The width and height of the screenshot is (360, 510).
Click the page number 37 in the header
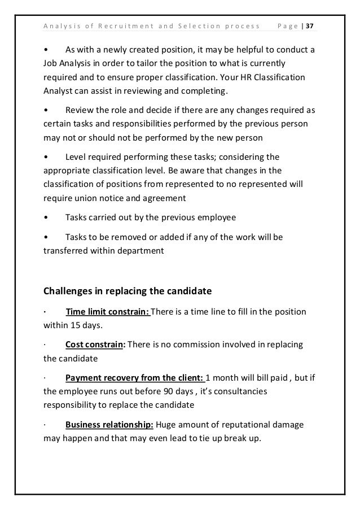[311, 26]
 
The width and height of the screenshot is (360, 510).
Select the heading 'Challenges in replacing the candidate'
[128, 291]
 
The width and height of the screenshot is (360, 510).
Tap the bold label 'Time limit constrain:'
[108, 312]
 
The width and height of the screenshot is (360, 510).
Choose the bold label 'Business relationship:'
[109, 425]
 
